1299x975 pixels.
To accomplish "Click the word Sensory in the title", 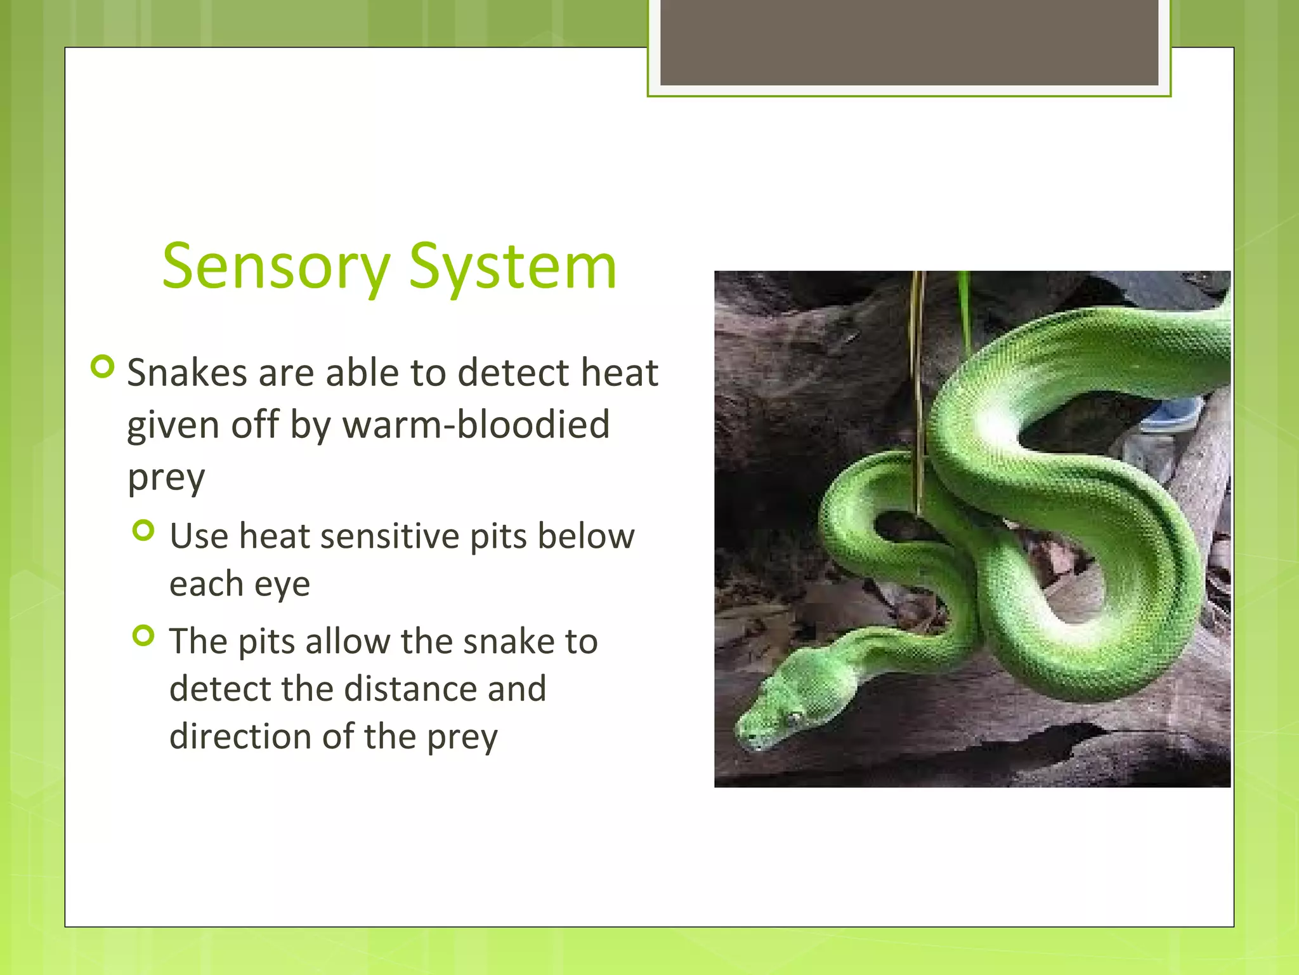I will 276,267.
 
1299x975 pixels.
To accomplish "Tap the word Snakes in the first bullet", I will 187,373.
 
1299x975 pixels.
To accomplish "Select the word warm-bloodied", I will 476,425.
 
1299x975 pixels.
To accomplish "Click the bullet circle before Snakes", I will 103,366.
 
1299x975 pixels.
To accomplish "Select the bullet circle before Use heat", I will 144,531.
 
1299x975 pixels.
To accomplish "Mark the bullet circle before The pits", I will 144,635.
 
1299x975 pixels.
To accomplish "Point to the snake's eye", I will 793,717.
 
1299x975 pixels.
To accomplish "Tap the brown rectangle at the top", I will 909,42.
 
